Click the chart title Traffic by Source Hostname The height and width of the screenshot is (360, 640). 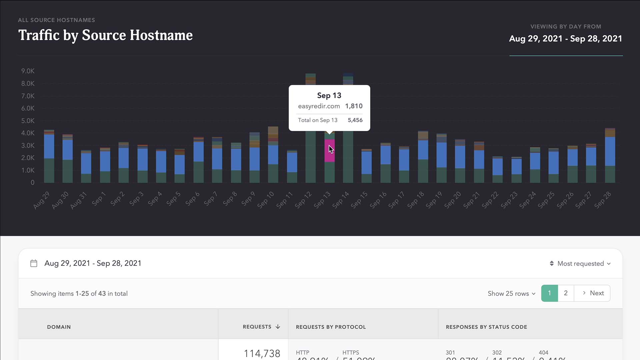tap(105, 35)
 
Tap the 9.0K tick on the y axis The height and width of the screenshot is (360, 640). tap(28, 71)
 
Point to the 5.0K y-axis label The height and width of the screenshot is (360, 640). tap(28, 121)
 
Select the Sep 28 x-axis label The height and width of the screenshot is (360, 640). tap(603, 200)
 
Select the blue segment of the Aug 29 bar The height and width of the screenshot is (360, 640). tap(49, 146)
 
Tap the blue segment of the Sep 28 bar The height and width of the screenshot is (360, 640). tap(610, 151)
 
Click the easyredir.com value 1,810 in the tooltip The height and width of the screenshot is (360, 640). tap(354, 106)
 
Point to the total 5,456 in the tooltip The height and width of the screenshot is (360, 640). tap(355, 120)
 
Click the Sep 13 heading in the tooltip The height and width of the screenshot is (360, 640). tap(329, 96)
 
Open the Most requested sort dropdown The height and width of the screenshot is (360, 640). tap(580, 264)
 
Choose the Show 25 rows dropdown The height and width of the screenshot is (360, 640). tap(511, 294)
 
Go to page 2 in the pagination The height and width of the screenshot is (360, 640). tap(566, 293)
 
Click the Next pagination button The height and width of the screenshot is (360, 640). tap(593, 293)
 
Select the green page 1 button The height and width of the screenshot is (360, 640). tap(549, 293)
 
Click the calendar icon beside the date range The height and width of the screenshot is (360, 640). tap(34, 263)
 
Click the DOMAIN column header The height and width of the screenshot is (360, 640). tap(59, 327)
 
